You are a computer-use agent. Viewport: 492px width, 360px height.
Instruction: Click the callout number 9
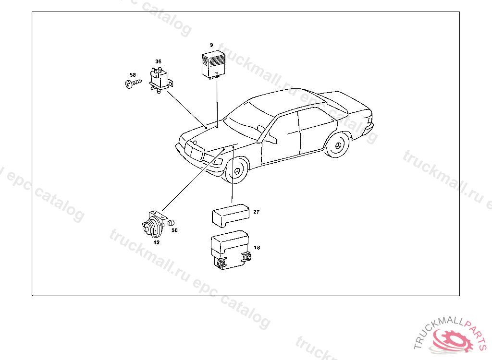click(x=211, y=45)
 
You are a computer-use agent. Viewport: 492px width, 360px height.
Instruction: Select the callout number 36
click(x=158, y=61)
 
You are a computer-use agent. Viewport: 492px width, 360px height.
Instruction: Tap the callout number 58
click(x=133, y=75)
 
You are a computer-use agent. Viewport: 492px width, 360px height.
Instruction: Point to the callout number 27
click(x=257, y=212)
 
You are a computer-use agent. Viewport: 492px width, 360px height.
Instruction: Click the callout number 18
click(x=257, y=247)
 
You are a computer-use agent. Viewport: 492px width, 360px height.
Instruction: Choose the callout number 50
click(x=174, y=230)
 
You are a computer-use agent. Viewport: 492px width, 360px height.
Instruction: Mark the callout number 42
click(x=156, y=242)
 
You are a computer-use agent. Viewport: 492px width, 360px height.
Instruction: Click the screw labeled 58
click(x=133, y=84)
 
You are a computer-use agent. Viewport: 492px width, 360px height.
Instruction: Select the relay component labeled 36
click(x=160, y=80)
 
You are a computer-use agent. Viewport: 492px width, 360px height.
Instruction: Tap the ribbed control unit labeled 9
click(x=213, y=65)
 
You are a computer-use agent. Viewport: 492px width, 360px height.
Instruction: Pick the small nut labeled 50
click(x=171, y=223)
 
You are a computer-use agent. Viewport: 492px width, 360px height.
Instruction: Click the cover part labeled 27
click(x=230, y=215)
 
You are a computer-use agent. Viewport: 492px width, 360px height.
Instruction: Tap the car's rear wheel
click(x=337, y=145)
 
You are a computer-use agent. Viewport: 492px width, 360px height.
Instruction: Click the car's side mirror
click(x=261, y=128)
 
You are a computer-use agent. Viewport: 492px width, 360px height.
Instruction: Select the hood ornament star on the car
click(x=195, y=143)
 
